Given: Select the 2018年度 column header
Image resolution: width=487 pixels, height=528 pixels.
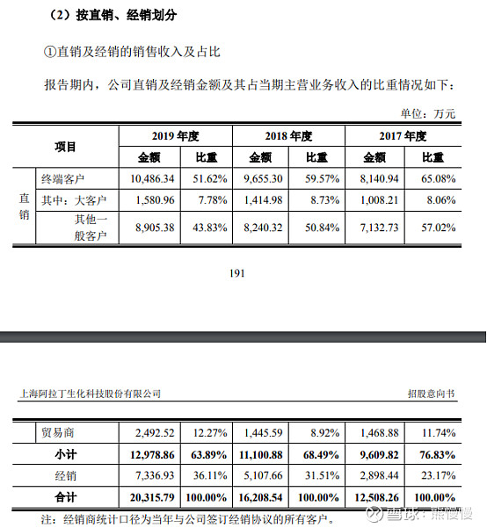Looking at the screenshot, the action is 287,137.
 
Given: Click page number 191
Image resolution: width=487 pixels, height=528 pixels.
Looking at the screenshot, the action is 236,273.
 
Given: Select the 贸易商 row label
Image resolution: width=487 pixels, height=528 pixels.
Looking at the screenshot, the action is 59,433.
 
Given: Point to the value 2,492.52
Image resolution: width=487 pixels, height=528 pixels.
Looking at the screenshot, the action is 156,433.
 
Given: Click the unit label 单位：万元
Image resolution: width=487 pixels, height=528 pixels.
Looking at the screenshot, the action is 428,113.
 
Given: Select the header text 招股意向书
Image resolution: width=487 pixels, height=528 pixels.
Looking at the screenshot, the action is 431,394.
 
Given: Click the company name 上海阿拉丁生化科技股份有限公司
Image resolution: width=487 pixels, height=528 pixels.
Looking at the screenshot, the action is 90,394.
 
